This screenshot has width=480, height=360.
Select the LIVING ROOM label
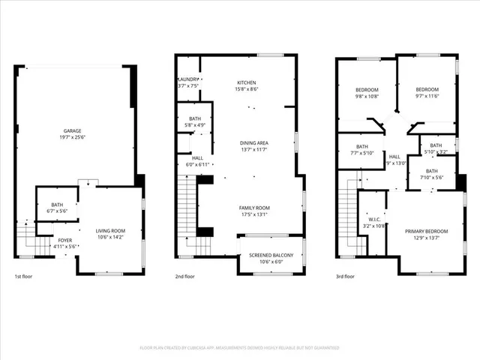110,230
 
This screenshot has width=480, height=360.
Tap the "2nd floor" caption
185,276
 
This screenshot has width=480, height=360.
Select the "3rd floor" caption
346,276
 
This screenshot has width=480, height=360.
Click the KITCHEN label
247,82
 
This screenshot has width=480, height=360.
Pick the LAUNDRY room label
187,79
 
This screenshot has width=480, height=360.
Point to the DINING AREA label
253,142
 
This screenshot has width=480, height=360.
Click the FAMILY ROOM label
254,208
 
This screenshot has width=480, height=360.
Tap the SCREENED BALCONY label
271,255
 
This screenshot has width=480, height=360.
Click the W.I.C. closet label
373,219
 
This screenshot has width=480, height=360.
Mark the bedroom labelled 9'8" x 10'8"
367,88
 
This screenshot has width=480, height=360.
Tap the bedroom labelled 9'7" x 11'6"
427,88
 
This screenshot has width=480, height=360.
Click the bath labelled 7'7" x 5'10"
362,146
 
